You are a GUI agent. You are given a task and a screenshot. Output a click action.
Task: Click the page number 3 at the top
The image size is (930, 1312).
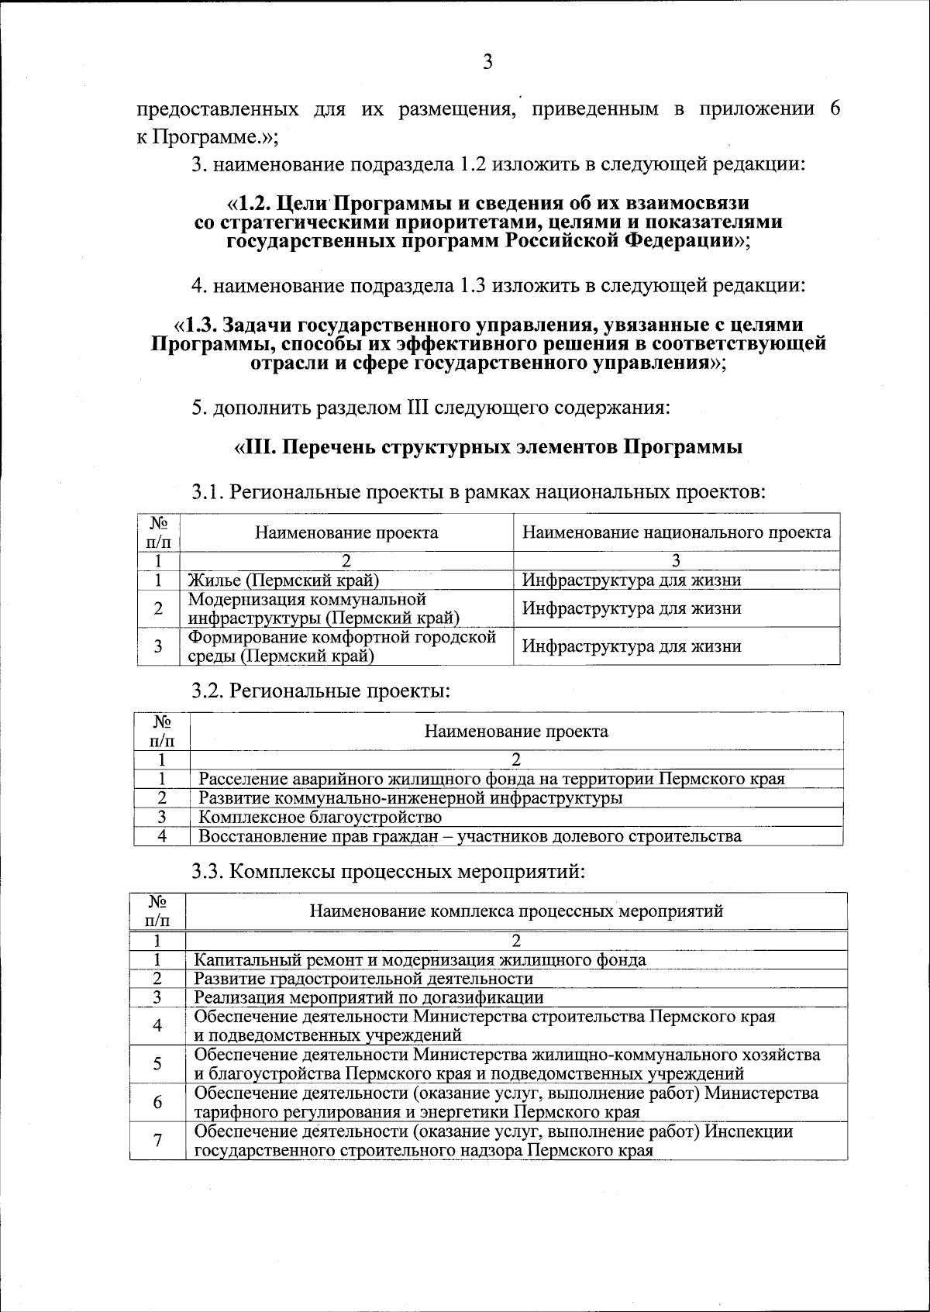487,63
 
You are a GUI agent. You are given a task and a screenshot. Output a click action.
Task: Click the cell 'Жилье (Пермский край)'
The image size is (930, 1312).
284,580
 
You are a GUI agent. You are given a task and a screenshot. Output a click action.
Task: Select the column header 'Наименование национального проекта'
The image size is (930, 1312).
676,532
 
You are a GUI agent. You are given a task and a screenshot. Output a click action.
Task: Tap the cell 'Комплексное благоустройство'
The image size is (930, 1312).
320,817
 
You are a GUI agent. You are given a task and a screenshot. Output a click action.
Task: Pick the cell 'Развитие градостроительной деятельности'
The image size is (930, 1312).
363,978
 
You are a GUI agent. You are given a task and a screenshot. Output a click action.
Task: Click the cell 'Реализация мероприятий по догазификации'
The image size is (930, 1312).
368,997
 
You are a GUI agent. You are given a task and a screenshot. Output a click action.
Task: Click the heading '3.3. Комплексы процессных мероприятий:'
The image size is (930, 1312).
388,871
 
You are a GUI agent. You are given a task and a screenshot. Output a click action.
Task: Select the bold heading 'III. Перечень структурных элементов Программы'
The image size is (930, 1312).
488,447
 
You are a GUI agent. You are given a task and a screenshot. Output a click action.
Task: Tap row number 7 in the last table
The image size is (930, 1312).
158,1141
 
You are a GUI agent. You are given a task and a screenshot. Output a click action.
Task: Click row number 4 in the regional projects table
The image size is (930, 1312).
162,836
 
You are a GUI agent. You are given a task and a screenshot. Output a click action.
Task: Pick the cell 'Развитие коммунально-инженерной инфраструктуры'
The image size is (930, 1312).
410,797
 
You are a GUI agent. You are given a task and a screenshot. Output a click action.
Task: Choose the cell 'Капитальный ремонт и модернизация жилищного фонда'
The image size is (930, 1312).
419,959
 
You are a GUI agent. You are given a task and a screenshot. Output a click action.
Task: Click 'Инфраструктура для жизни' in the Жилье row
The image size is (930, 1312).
631,580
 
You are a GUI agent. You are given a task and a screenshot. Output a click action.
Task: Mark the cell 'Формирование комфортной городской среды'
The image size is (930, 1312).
342,646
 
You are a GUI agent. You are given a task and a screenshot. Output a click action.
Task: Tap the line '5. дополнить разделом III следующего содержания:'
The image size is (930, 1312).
430,407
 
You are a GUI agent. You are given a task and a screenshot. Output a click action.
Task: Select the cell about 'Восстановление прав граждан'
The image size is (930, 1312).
470,836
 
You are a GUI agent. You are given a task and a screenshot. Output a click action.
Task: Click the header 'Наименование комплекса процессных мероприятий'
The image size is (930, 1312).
516,911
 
